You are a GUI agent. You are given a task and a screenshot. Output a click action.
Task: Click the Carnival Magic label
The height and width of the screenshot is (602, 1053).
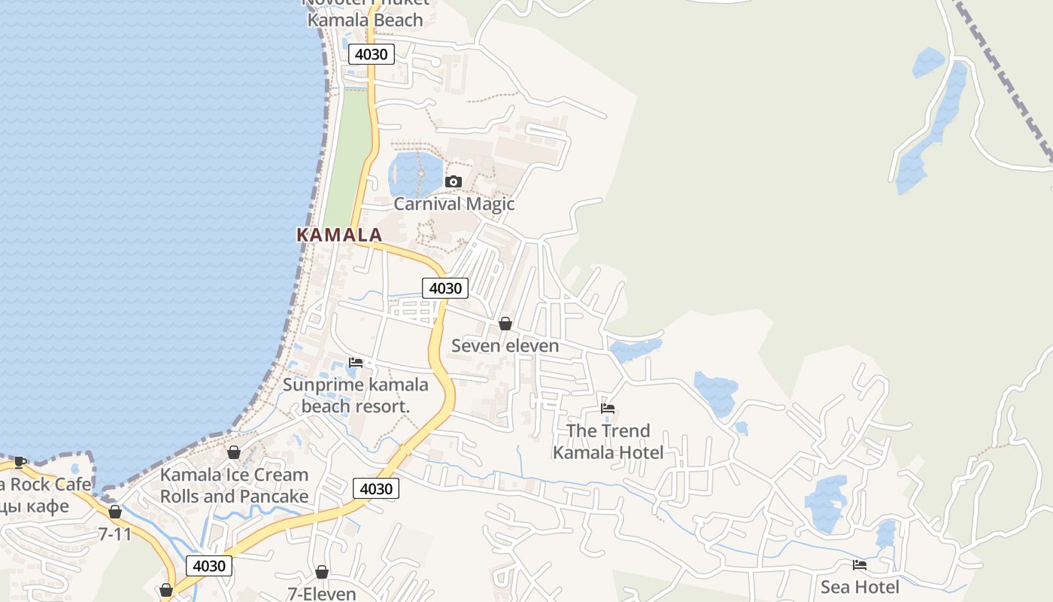[454, 204]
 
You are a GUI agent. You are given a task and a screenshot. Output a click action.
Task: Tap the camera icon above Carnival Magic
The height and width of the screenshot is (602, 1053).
[453, 181]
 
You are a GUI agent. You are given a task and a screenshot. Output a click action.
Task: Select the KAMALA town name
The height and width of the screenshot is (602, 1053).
[339, 235]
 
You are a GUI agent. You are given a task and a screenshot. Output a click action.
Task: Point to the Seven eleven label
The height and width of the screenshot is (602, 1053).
[505, 345]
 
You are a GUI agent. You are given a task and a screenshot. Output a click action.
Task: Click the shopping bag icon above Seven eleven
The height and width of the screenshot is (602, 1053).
[505, 324]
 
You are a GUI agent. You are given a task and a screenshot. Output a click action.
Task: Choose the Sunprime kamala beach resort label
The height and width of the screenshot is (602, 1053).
[356, 396]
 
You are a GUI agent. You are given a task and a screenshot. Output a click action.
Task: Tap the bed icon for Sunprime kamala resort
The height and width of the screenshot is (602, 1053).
[356, 363]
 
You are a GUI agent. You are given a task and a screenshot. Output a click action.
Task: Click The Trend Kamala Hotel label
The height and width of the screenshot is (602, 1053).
[608, 442]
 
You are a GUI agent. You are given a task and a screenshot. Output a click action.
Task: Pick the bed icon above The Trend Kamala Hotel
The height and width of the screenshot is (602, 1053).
[608, 409]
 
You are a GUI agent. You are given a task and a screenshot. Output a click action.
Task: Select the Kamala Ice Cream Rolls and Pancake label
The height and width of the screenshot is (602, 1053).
[234, 485]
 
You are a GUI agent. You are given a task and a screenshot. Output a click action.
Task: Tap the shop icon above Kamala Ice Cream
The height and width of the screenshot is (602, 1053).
[234, 452]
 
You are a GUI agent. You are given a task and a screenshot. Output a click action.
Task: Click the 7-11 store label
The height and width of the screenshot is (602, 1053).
[115, 534]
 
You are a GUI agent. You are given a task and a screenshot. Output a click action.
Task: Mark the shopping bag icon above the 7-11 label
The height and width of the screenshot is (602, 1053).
[115, 512]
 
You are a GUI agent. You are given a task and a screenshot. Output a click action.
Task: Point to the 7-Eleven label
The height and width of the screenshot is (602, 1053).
[322, 593]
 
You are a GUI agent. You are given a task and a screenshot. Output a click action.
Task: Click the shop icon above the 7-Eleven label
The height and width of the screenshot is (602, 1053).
[322, 572]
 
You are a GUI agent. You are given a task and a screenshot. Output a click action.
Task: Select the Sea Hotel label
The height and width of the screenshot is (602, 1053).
[859, 587]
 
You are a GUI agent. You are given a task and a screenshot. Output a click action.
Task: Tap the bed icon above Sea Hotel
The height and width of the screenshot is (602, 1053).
[859, 565]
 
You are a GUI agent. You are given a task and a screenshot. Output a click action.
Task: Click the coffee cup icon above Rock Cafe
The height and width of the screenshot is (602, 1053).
[20, 462]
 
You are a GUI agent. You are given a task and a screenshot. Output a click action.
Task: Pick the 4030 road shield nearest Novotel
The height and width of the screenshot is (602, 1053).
[372, 54]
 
